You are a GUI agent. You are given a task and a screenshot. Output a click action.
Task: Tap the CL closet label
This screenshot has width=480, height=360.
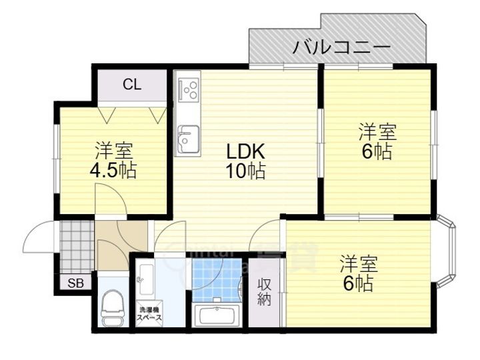[131, 85]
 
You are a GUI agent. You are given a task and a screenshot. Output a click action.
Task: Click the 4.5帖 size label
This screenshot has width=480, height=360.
[113, 170]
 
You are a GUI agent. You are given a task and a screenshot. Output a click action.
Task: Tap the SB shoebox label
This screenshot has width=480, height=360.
[75, 283]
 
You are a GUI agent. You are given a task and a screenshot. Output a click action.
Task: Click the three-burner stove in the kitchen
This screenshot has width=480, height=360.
[188, 89]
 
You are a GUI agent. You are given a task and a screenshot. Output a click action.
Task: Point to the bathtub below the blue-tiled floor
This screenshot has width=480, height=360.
[217, 316]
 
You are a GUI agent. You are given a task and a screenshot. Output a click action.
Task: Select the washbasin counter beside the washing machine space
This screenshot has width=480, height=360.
[147, 280]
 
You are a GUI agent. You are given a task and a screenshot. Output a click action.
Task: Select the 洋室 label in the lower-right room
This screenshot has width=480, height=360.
[359, 263]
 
